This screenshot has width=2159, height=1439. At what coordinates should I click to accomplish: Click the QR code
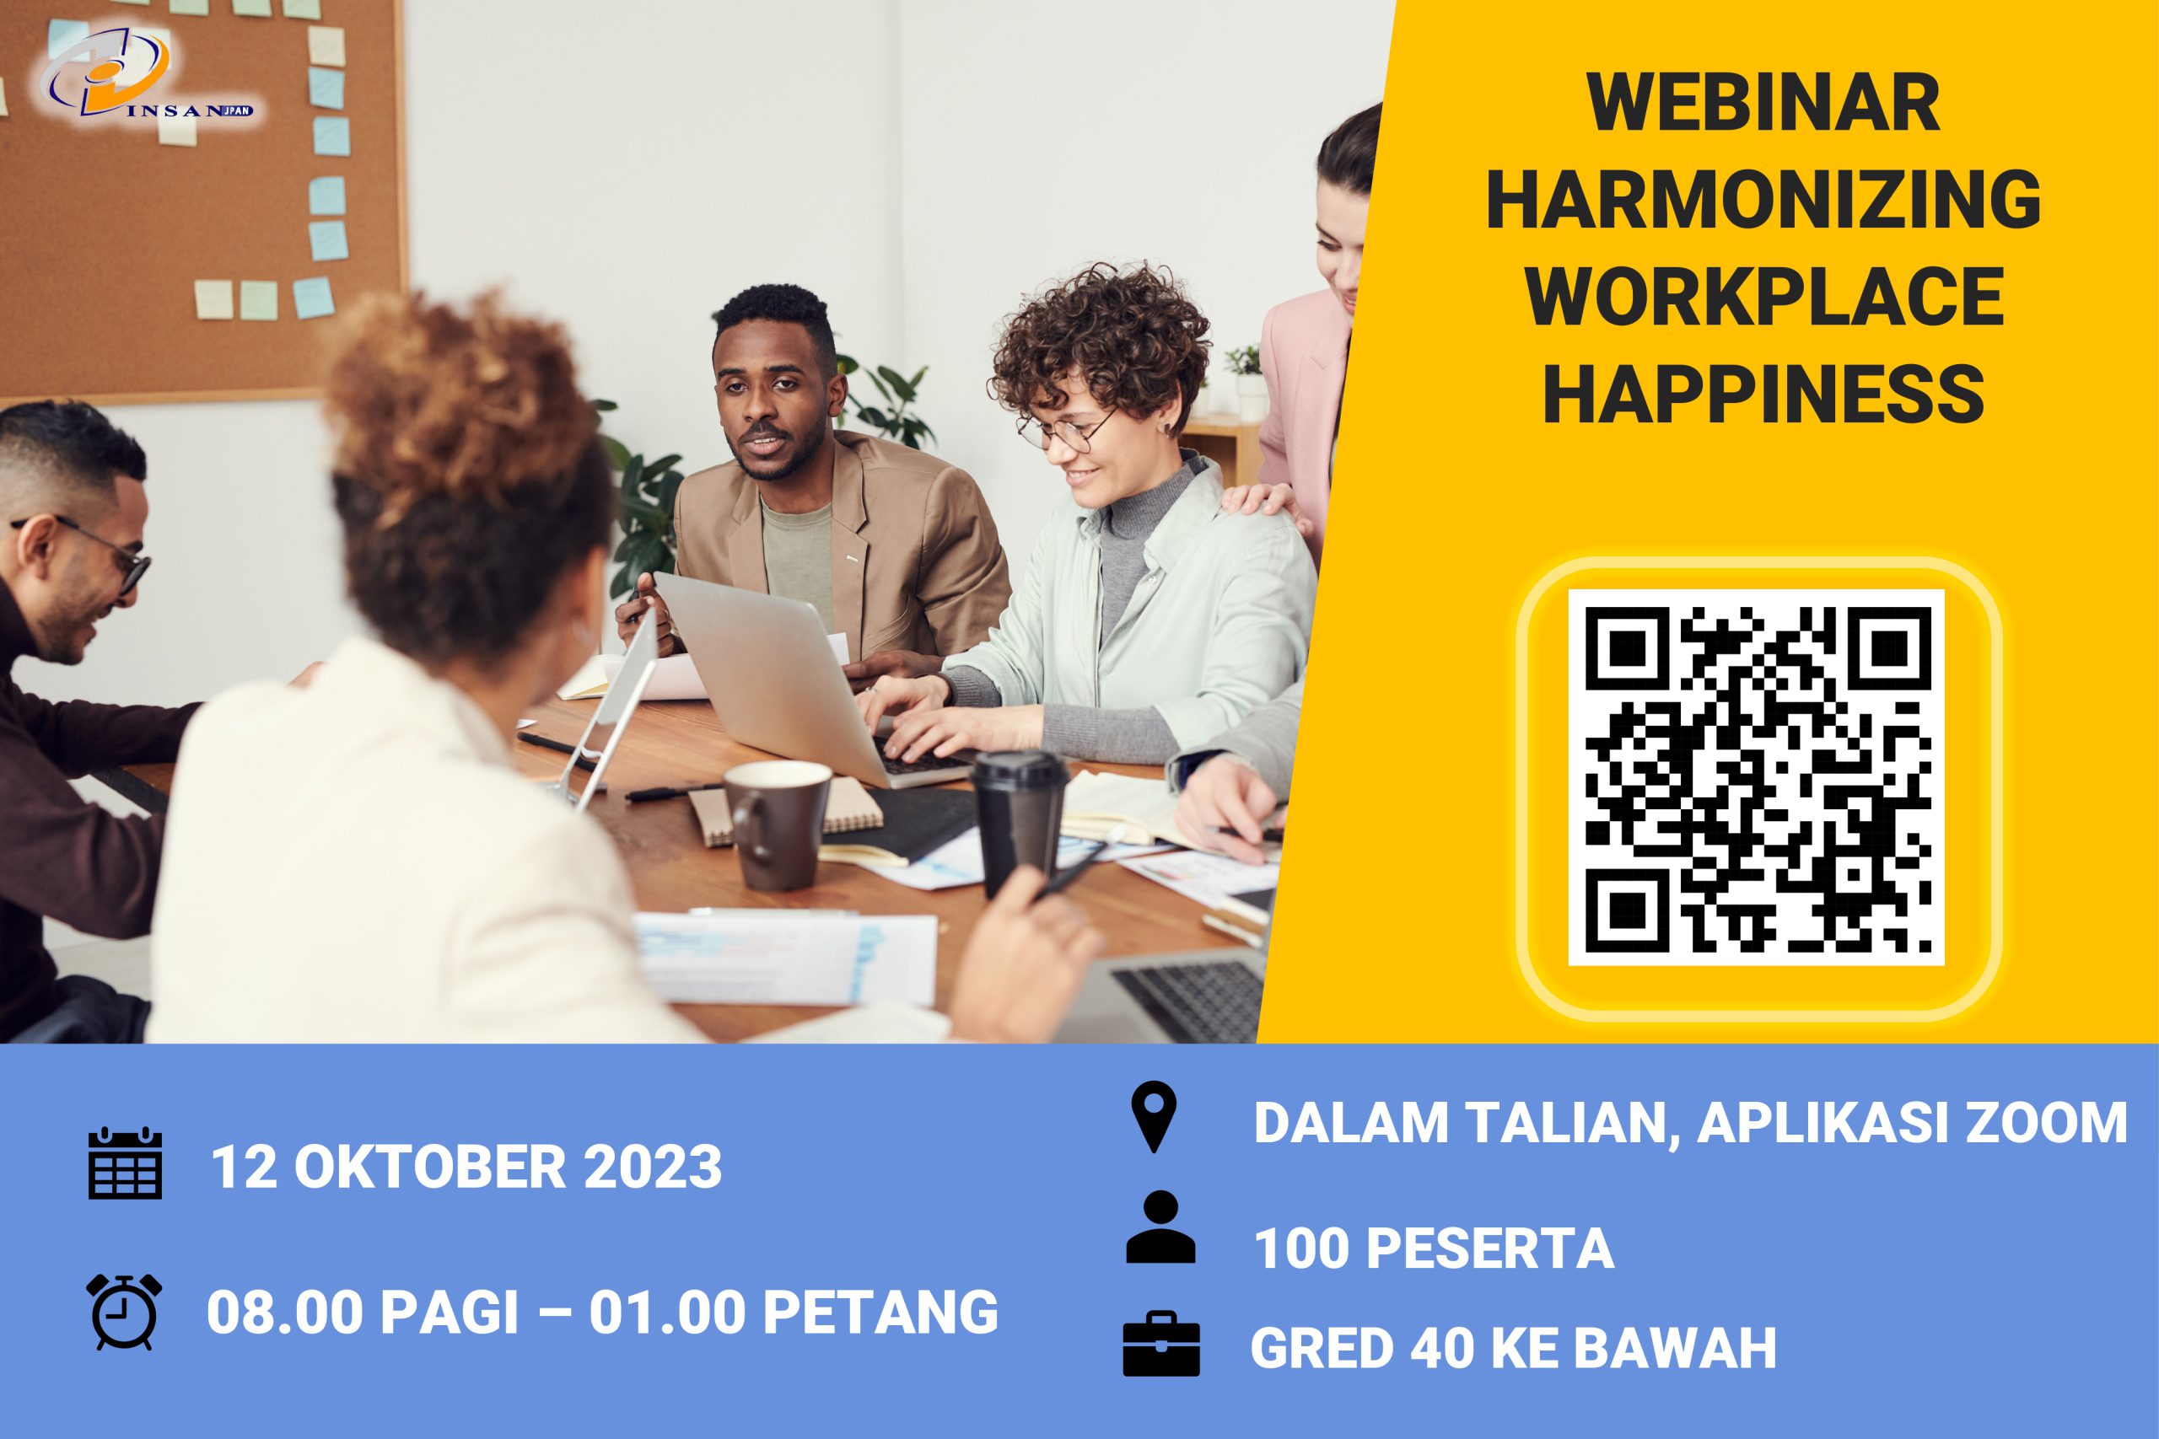pyautogui.click(x=1757, y=778)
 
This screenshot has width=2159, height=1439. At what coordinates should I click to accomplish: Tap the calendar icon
pyautogui.click(x=125, y=1163)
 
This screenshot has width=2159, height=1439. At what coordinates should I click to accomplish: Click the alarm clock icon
pyautogui.click(x=125, y=1311)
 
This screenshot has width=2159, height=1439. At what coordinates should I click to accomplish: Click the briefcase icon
pyautogui.click(x=1161, y=1345)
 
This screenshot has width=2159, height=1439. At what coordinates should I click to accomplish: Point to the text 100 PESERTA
pyautogui.click(x=1433, y=1248)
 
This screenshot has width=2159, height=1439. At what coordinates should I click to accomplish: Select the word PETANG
pyautogui.click(x=880, y=1312)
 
